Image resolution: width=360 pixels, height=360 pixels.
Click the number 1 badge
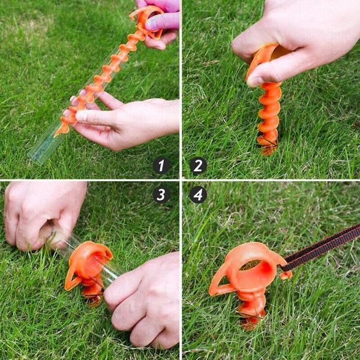click(x=161, y=166)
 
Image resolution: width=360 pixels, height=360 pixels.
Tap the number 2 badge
click(x=198, y=166)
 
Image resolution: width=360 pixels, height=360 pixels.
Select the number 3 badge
click(x=161, y=194)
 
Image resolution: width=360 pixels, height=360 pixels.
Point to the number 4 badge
click(x=198, y=194)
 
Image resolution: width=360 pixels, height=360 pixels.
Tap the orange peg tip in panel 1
click(x=56, y=135)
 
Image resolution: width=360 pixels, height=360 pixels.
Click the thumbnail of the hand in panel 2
click(x=256, y=80)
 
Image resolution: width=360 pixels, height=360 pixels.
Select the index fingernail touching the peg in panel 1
click(x=82, y=116)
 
